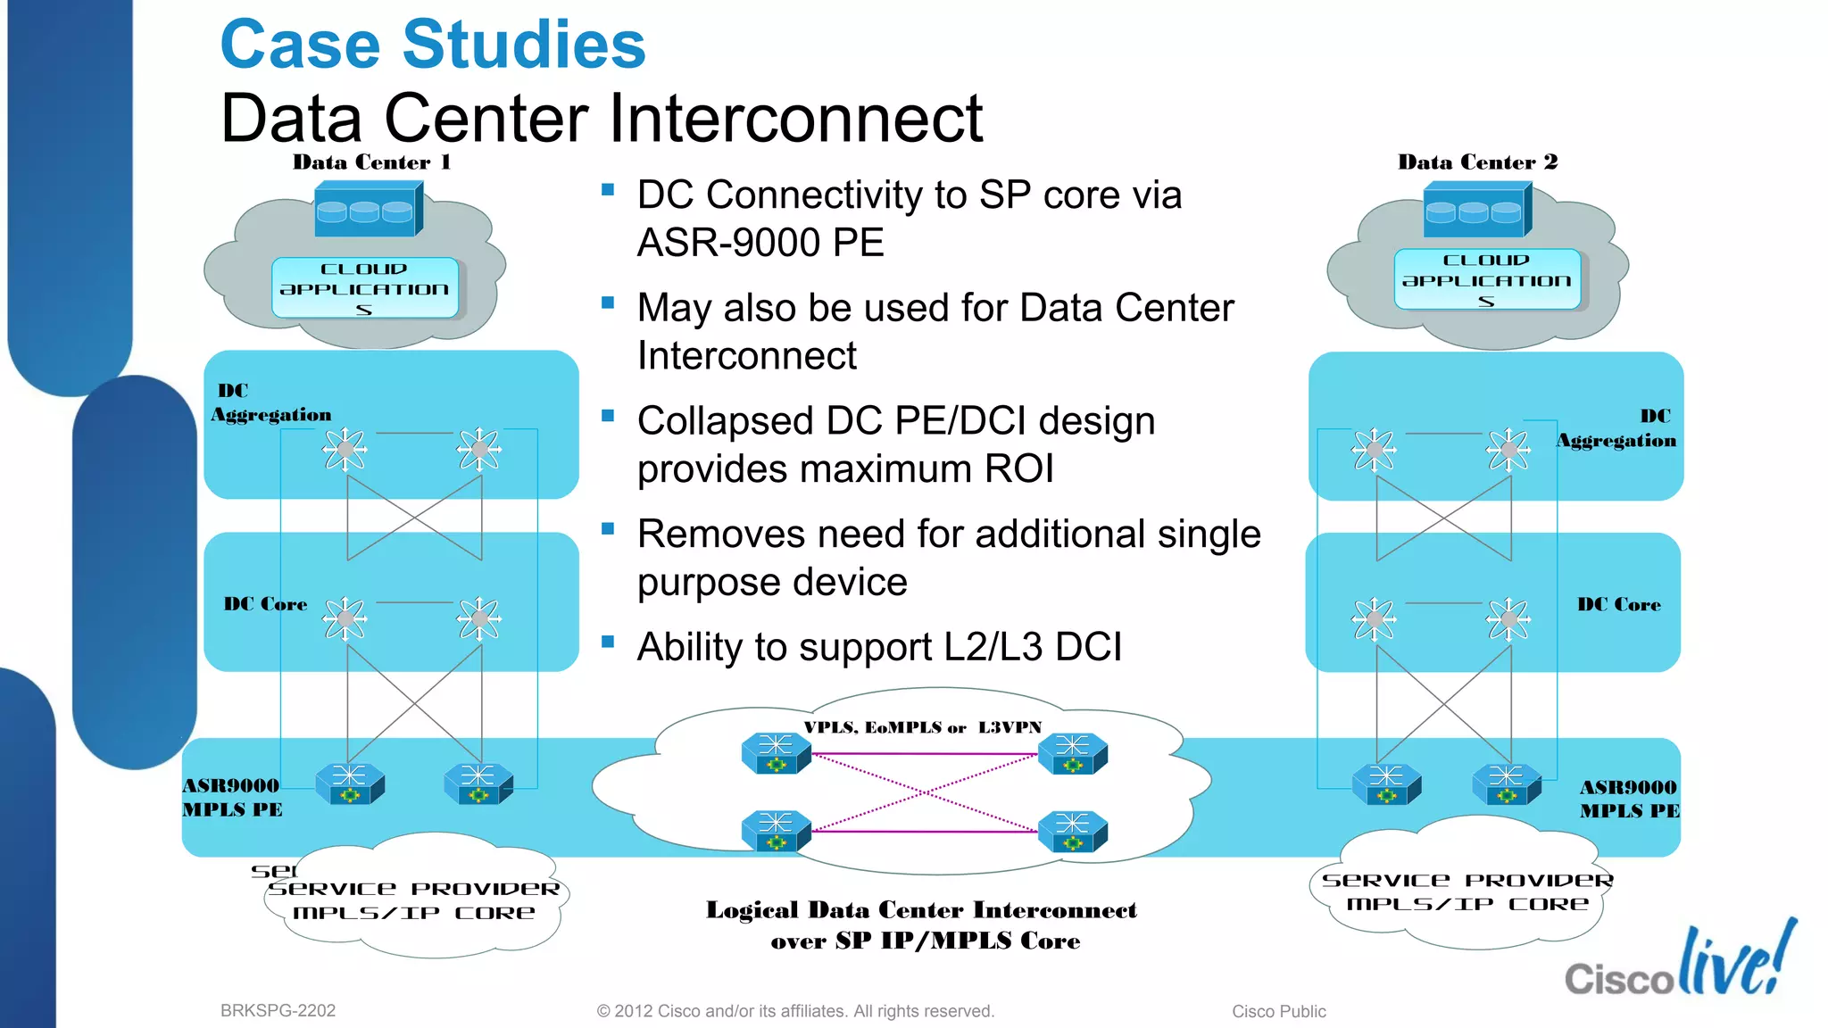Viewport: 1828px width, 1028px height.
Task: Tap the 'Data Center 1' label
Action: pyautogui.click(x=371, y=162)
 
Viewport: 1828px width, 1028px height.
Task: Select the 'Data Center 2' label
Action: pyautogui.click(x=1477, y=162)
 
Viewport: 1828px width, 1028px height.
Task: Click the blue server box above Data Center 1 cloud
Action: pyautogui.click(x=368, y=210)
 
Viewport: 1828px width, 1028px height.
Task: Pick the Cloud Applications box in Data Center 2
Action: pyautogui.click(x=1486, y=279)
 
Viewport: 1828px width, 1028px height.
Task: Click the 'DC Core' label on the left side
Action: pyautogui.click(x=265, y=604)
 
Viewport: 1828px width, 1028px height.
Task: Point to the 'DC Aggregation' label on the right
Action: pyautogui.click(x=1616, y=428)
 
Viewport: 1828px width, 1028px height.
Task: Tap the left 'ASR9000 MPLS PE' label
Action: pyautogui.click(x=232, y=797)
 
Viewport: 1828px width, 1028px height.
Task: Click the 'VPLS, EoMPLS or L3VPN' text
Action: pyautogui.click(x=922, y=727)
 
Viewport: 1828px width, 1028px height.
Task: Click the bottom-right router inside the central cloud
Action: pyautogui.click(x=1072, y=831)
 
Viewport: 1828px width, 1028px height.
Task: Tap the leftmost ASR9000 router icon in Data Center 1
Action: pyautogui.click(x=350, y=783)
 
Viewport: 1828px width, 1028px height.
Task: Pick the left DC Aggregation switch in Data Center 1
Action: pyautogui.click(x=345, y=449)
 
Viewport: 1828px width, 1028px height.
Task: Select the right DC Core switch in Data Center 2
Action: pyautogui.click(x=1508, y=618)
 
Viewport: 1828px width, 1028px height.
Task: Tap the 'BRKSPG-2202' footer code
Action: pyautogui.click(x=278, y=1010)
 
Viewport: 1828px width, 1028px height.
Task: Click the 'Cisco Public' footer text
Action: pyautogui.click(x=1278, y=1011)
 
